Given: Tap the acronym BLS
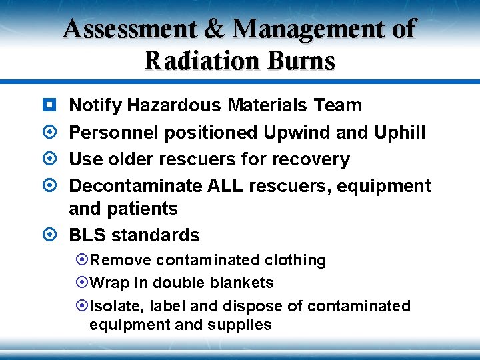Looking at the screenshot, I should [x=87, y=235].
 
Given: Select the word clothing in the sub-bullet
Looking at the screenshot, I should [x=295, y=260].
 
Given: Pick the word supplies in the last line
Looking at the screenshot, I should [x=241, y=325].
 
